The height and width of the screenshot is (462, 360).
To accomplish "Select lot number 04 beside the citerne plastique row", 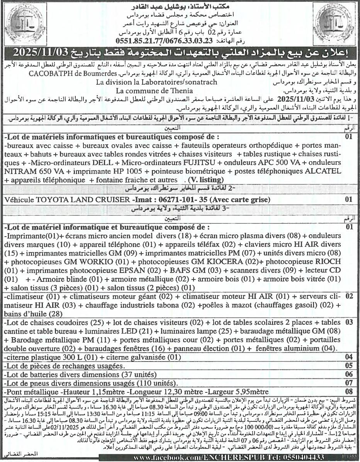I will coord(349,357).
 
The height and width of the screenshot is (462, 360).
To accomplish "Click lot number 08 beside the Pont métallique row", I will coord(349,392).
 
